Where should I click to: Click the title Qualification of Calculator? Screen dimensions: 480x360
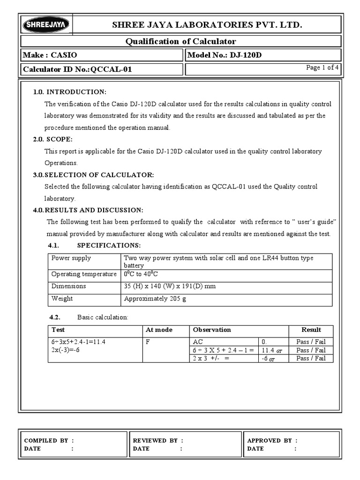point(180,41)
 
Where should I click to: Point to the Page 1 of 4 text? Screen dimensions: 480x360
point(322,68)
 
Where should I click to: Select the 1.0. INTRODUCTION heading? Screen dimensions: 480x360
point(70,91)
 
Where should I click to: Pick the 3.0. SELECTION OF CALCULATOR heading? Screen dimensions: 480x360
point(93,175)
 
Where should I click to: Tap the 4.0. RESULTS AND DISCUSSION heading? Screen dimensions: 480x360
point(88,210)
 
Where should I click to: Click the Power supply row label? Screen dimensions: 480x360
point(71,258)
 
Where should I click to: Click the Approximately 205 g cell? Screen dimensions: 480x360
point(155,299)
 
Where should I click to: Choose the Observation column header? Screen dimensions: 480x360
point(212,330)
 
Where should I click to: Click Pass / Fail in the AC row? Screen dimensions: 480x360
point(311,342)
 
